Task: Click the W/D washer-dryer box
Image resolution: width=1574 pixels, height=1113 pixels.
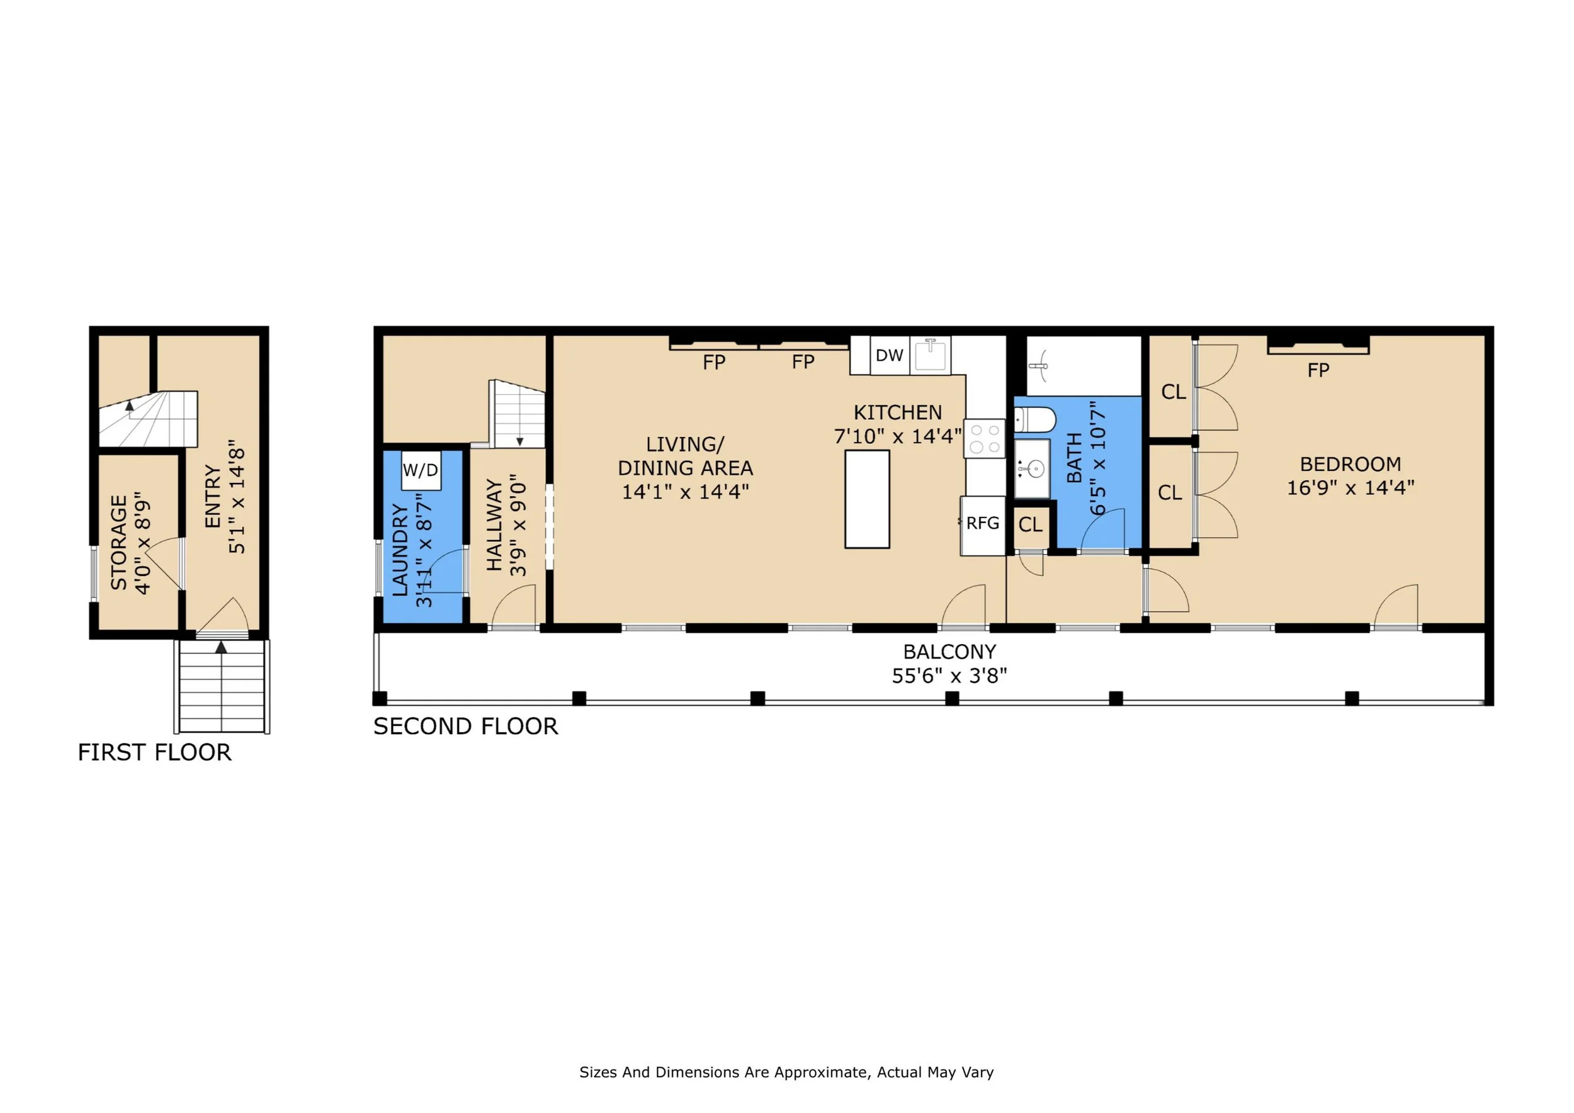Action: (420, 470)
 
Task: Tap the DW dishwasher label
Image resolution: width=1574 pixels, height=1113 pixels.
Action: (889, 355)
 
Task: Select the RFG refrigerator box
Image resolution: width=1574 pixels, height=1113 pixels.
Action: (982, 525)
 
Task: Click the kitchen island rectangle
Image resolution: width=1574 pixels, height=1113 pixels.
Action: (867, 499)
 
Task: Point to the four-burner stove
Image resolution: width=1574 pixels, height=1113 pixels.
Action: (985, 439)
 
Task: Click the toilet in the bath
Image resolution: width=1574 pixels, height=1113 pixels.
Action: (1034, 419)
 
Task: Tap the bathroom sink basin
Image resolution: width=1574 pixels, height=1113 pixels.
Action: (1032, 469)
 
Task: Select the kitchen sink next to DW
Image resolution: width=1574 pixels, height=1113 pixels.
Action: (931, 354)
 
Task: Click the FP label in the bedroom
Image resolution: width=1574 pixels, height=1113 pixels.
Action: (1318, 370)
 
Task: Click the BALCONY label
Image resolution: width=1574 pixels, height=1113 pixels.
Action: (949, 651)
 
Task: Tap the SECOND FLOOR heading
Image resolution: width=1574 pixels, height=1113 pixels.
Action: (465, 726)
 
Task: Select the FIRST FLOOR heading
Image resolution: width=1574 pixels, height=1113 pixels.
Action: (154, 752)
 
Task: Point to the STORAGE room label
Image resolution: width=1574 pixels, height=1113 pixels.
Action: (119, 542)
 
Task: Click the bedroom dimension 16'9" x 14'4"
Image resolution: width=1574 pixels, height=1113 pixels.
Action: (1350, 487)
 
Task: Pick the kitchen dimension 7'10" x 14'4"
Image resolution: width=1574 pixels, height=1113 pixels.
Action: (897, 436)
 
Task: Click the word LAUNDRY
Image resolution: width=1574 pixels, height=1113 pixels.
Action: (400, 550)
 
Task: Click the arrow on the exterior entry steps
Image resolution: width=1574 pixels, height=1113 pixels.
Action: (221, 647)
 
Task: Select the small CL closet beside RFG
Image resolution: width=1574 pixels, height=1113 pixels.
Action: (1031, 525)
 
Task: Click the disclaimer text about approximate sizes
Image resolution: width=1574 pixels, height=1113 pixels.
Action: (786, 1072)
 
